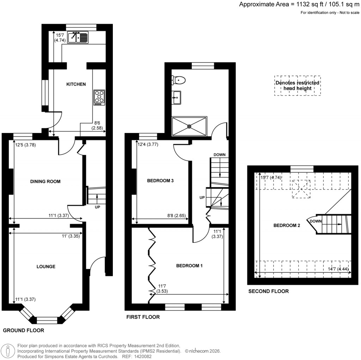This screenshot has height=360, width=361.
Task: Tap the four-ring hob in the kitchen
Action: (x=99, y=98)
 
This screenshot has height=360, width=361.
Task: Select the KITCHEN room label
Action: (x=76, y=84)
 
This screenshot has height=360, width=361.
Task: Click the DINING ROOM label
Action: (x=45, y=182)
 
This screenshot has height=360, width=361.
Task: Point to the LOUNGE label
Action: (x=46, y=266)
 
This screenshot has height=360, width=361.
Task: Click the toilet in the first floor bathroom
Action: (x=179, y=80)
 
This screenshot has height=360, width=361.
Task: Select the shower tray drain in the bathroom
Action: (x=190, y=126)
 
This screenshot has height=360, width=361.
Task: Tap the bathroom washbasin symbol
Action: (x=177, y=97)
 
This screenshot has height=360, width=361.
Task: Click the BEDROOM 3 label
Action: (x=160, y=181)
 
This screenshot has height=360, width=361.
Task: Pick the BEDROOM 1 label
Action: (x=189, y=266)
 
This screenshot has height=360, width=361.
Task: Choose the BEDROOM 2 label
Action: (x=287, y=225)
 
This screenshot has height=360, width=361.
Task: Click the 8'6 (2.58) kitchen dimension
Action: (x=97, y=126)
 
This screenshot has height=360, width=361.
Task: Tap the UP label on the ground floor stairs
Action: (x=97, y=207)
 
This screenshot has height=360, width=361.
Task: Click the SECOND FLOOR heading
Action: (x=268, y=291)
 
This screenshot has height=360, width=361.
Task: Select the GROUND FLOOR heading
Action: (x=24, y=330)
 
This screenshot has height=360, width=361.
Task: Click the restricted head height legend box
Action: (x=298, y=86)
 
